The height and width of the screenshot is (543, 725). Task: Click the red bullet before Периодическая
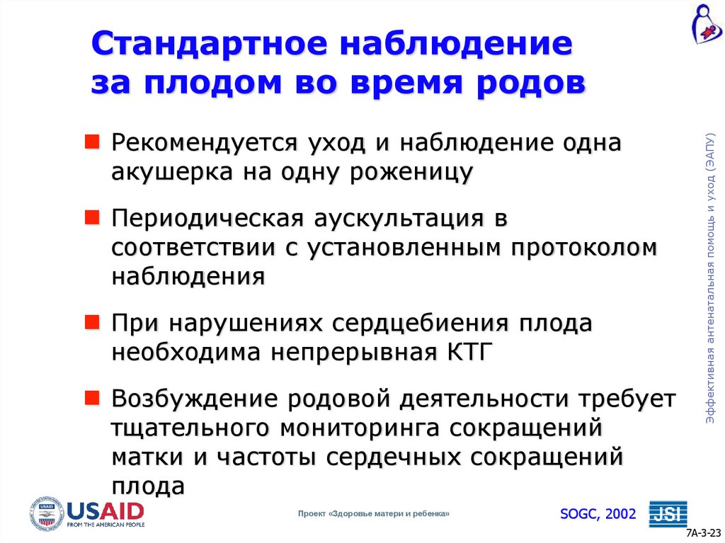92,215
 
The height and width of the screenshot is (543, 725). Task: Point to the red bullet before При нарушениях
92,322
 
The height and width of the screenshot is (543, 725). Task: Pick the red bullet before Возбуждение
92,396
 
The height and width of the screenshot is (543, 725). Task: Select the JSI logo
668,513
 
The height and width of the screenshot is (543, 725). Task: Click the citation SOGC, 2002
598,513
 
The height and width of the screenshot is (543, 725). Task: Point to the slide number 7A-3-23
704,533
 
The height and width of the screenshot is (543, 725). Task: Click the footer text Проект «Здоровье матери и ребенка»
374,514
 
